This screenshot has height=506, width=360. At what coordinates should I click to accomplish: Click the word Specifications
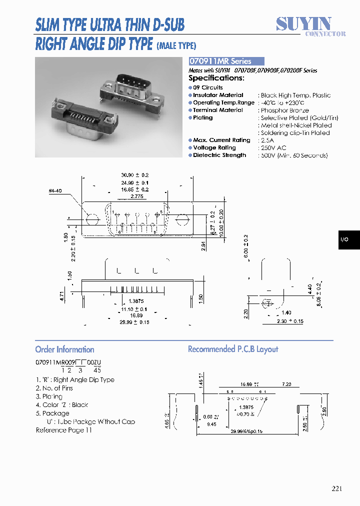(x=216, y=78)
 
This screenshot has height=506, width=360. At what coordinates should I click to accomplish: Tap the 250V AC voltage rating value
(x=274, y=147)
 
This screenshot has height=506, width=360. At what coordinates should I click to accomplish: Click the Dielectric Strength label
(x=219, y=155)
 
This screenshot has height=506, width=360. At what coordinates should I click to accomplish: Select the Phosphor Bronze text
(x=284, y=110)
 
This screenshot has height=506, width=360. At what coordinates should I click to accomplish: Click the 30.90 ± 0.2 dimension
(x=134, y=175)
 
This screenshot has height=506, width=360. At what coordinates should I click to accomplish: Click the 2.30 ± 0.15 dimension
(x=290, y=321)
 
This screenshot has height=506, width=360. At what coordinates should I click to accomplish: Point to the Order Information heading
(x=64, y=349)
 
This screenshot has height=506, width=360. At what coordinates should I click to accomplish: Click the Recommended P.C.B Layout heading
(x=232, y=349)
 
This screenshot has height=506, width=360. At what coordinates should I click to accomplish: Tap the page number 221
(x=336, y=488)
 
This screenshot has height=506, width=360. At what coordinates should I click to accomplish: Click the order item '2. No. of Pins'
(x=54, y=388)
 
